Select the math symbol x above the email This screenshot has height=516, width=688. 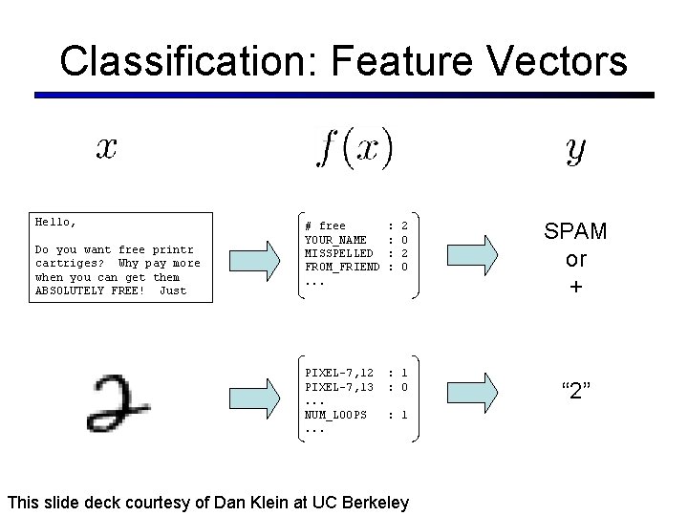(x=106, y=148)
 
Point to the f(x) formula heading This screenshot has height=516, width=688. (x=355, y=148)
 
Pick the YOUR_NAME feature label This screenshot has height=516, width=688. (x=335, y=240)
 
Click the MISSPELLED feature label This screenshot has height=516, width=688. (x=338, y=253)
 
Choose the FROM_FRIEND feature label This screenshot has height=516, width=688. (x=341, y=267)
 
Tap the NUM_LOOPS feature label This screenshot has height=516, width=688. (x=335, y=415)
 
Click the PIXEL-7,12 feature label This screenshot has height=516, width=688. (x=338, y=372)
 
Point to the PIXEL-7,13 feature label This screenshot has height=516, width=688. (x=338, y=386)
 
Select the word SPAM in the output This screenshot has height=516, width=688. (x=575, y=231)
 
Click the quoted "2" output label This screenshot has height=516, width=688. (x=575, y=389)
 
